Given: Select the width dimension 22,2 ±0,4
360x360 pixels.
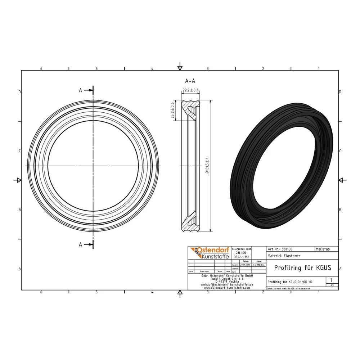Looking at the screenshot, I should pyautogui.click(x=191, y=90).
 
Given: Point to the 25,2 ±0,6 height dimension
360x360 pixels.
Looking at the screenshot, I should pyautogui.click(x=172, y=110).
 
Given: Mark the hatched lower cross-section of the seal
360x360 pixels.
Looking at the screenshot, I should pyautogui.click(x=190, y=224).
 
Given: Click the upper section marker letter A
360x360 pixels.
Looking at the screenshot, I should pyautogui.click(x=81, y=91).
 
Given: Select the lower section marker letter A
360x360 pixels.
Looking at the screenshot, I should pyautogui.click(x=81, y=244).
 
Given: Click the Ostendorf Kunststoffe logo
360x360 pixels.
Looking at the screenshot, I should pyautogui.click(x=209, y=253).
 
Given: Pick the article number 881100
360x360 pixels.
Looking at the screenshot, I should pyautogui.click(x=287, y=249).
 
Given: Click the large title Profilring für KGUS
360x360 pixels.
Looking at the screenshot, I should pyautogui.click(x=302, y=267).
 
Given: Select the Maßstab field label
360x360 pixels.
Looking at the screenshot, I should pyautogui.click(x=322, y=249).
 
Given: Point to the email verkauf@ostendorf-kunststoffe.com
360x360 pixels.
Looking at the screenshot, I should pyautogui.click(x=227, y=284).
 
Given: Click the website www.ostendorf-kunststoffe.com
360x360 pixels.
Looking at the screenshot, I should pyautogui.click(x=227, y=288).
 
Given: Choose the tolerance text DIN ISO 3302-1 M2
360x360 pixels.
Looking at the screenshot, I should pyautogui.click(x=241, y=255).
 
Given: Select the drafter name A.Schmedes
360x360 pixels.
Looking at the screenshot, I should pyautogui.click(x=258, y=265).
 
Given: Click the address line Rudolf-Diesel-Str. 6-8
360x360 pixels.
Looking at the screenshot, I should pyautogui.click(x=227, y=278).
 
